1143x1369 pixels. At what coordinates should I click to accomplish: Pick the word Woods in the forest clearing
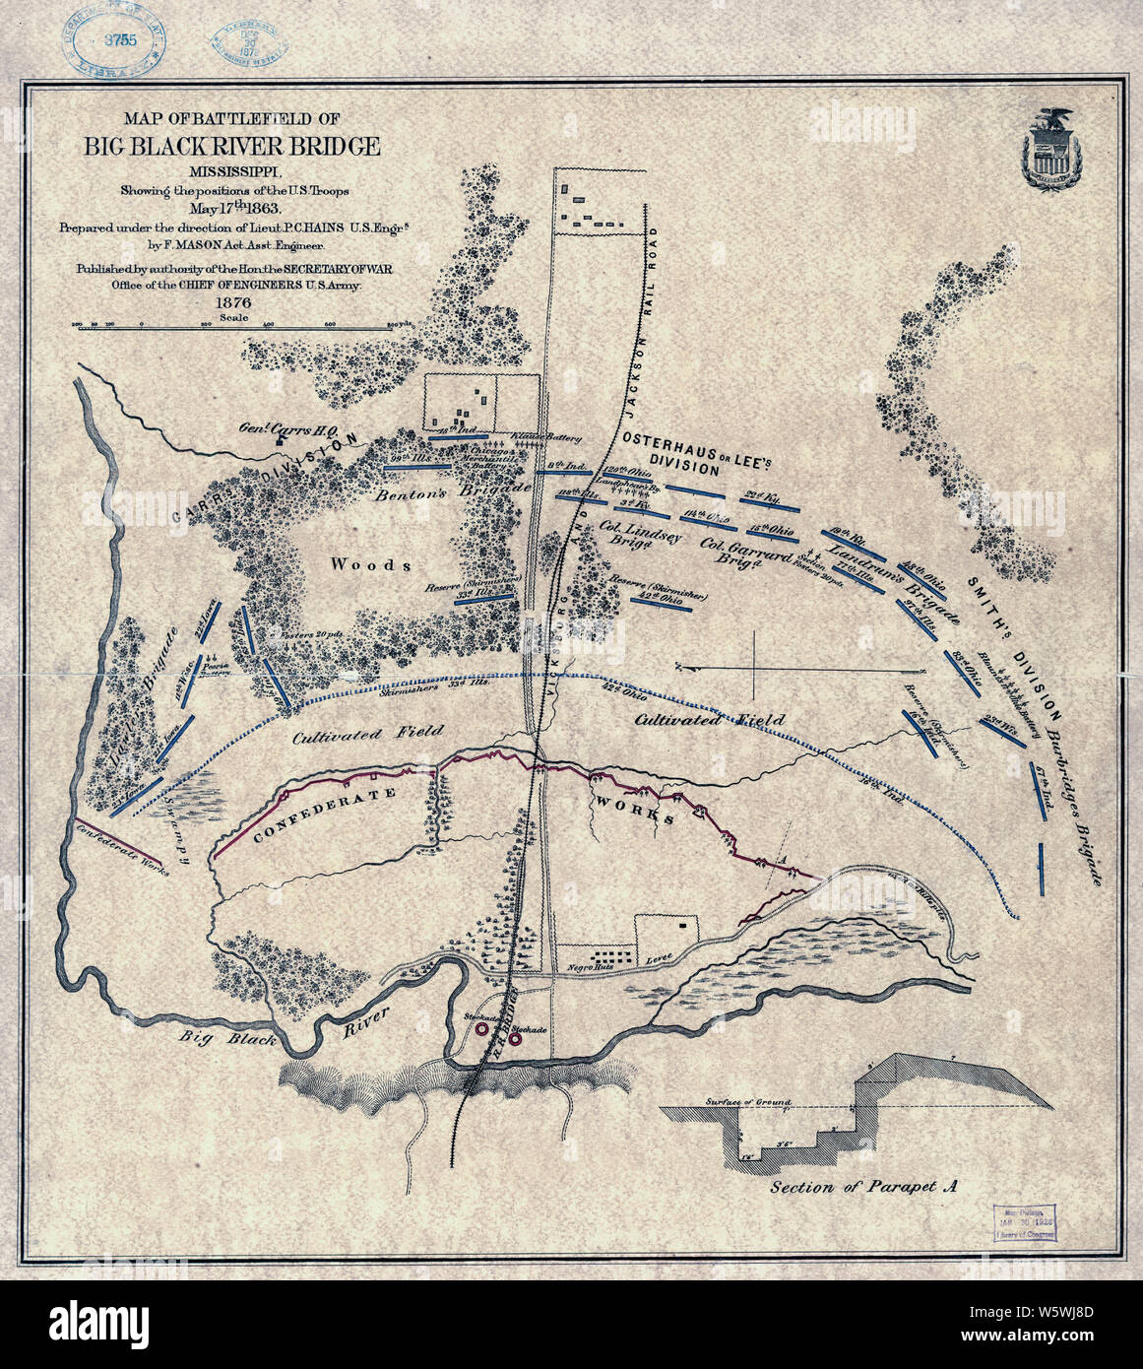(x=370, y=564)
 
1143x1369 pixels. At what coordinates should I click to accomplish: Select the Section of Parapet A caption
(x=864, y=1187)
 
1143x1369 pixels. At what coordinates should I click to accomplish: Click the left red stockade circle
(x=481, y=1028)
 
